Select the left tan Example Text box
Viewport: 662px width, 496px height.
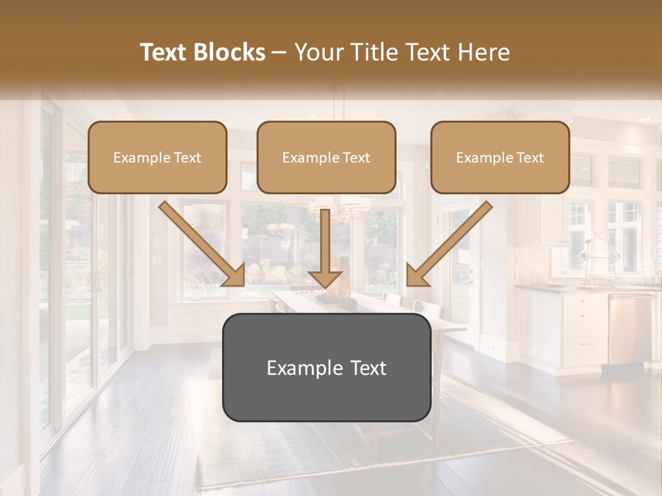point(157,158)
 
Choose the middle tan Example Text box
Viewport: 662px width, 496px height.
point(326,158)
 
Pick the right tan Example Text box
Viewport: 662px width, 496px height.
point(500,158)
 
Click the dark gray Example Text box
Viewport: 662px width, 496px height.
point(326,368)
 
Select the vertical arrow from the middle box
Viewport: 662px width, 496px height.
point(325,248)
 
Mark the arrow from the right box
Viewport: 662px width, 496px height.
point(449,243)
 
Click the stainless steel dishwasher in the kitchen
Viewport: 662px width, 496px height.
point(630,327)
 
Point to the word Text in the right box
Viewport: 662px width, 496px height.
point(530,158)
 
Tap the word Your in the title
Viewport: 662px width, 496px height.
point(318,52)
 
